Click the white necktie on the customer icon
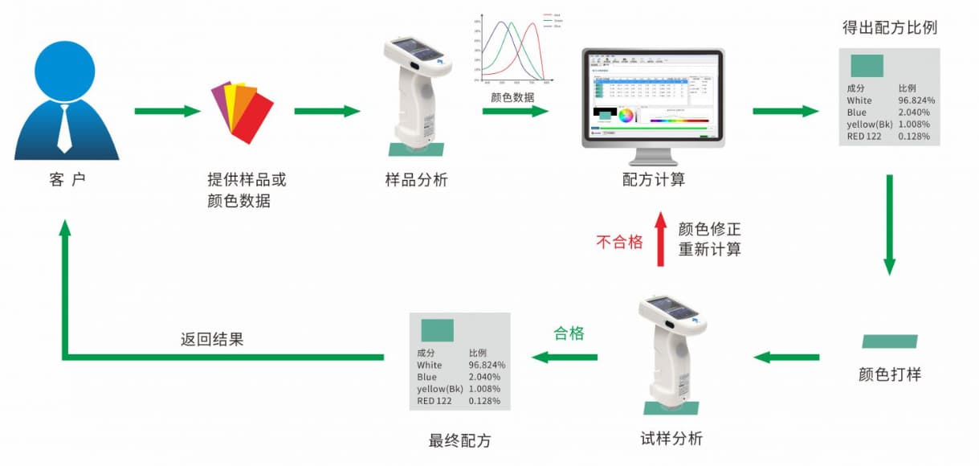coord(64,129)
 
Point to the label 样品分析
coord(416,180)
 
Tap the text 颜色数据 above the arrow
coord(512,97)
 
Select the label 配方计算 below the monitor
coord(653,180)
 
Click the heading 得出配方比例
coord(889,27)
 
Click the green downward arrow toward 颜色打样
coord(889,224)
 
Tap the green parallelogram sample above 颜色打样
coord(889,341)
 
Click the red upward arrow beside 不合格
coord(661,239)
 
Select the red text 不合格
coord(619,242)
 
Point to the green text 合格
coord(569,333)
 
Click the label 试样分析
coord(671,439)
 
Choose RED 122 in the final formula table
coord(436,400)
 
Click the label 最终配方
coord(460,441)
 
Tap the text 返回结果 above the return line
coord(212,340)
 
